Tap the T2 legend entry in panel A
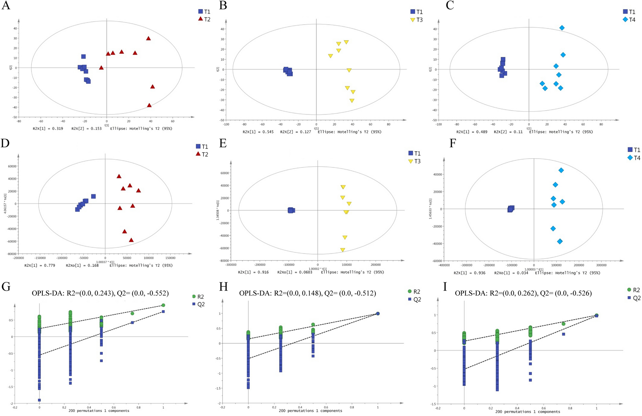click(204, 19)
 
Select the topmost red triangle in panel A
click(148, 39)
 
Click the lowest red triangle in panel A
click(149, 105)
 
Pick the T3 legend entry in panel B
click(416, 20)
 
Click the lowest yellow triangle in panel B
click(352, 101)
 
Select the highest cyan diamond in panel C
click(562, 28)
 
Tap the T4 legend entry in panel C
click(629, 20)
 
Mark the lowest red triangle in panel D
click(131, 240)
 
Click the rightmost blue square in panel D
click(93, 196)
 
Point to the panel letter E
click(223, 144)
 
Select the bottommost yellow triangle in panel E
click(342, 250)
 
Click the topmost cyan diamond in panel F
click(561, 170)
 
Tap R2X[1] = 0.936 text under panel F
click(469, 273)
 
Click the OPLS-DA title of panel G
click(100, 293)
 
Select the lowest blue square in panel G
click(40, 400)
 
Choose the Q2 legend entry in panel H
click(414, 299)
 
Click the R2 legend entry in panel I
click(633, 290)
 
